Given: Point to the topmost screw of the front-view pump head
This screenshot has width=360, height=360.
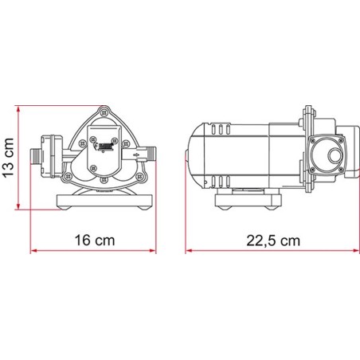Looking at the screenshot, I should pyautogui.click(x=101, y=109).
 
